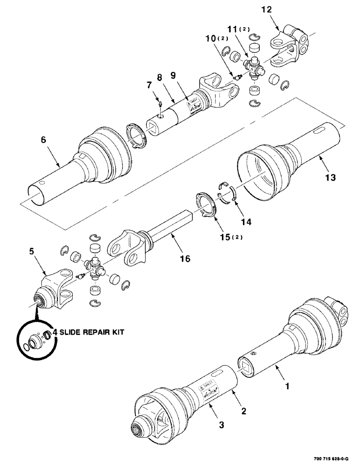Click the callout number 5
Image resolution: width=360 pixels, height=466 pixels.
point(31,251)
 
